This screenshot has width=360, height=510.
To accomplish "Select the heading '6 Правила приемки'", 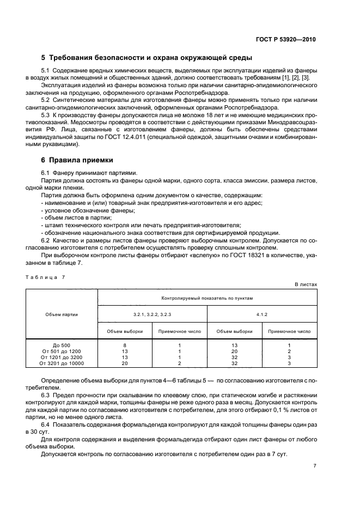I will click(77, 160).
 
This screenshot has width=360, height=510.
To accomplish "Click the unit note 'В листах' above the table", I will click(306, 285).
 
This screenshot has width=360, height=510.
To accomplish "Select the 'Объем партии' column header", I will click(62, 314).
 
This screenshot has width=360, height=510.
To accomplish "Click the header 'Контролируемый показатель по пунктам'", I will click(207, 298).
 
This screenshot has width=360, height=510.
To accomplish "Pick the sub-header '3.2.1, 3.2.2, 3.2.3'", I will click(152, 314).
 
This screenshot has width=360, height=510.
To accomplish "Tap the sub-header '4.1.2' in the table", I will click(262, 314).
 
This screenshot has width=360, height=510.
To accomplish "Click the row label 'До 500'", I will click(62, 345).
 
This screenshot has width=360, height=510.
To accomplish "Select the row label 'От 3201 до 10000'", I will click(62, 363).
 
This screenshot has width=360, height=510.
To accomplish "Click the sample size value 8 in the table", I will click(125, 345).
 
